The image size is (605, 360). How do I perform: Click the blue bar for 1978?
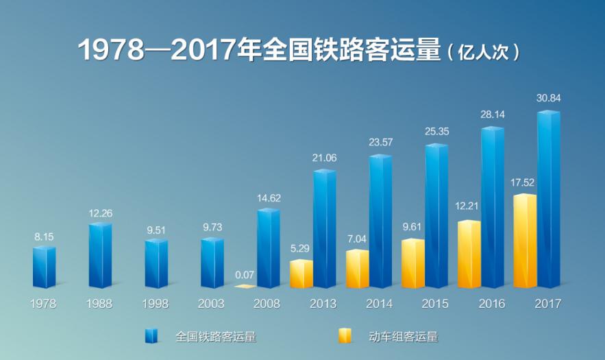(44, 267)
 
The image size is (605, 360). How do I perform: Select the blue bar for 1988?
(100, 255)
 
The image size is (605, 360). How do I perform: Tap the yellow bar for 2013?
(301, 274)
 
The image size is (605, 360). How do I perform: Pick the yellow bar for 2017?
(525, 241)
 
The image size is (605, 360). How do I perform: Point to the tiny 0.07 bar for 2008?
(245, 286)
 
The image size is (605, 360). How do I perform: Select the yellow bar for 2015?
(413, 263)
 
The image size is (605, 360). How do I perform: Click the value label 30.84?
(548, 98)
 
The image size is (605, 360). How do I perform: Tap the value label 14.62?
(269, 198)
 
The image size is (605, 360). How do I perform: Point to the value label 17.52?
(525, 183)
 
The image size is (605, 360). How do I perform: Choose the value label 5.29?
(301, 250)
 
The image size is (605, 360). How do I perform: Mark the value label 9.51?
(156, 230)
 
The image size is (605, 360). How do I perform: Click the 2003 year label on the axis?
(212, 304)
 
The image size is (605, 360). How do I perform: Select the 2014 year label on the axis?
(380, 304)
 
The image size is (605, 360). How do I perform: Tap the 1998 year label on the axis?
(156, 304)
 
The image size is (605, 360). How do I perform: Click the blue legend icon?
(151, 336)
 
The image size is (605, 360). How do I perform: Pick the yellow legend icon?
(344, 336)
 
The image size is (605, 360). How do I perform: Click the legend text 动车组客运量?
(403, 336)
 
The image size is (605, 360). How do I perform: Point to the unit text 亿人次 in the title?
(482, 52)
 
